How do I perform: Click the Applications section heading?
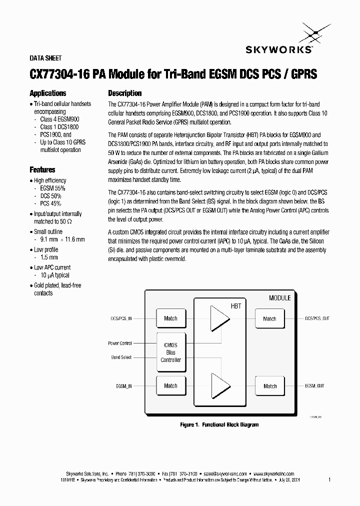[48, 93]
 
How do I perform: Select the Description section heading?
[125, 93]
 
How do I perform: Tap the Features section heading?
[42, 170]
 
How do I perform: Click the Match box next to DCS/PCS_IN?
[170, 318]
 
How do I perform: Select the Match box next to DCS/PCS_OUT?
[269, 318]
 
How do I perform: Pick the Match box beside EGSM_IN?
[170, 385]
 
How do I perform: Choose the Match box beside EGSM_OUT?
[269, 386]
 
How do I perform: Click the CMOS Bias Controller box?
[170, 352]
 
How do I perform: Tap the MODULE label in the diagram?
[279, 298]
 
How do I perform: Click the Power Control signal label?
[120, 343]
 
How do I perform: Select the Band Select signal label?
[121, 357]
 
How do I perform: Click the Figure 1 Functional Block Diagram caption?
[219, 424]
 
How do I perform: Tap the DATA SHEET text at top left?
[45, 58]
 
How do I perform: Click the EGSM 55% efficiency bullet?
[53, 188]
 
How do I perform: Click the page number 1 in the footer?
[329, 479]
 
